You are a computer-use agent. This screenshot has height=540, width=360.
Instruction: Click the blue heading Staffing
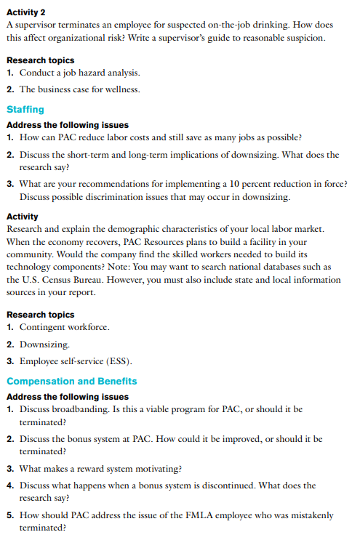[25, 110]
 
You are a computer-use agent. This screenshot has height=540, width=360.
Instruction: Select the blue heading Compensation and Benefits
[71, 381]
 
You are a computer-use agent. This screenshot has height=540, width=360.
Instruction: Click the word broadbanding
[83, 409]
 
